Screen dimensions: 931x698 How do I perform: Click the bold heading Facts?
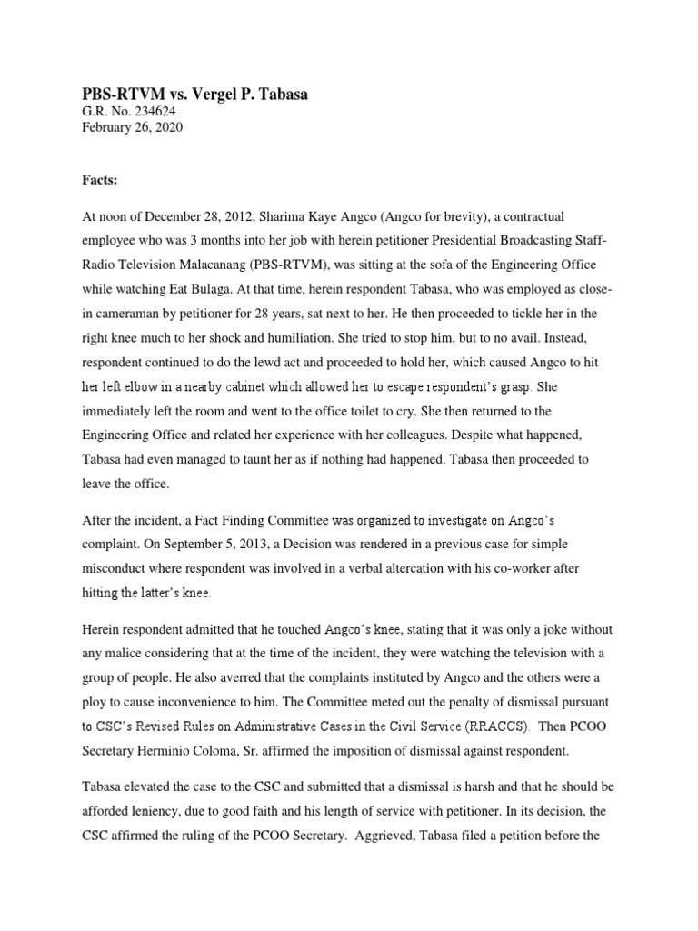point(98,181)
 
